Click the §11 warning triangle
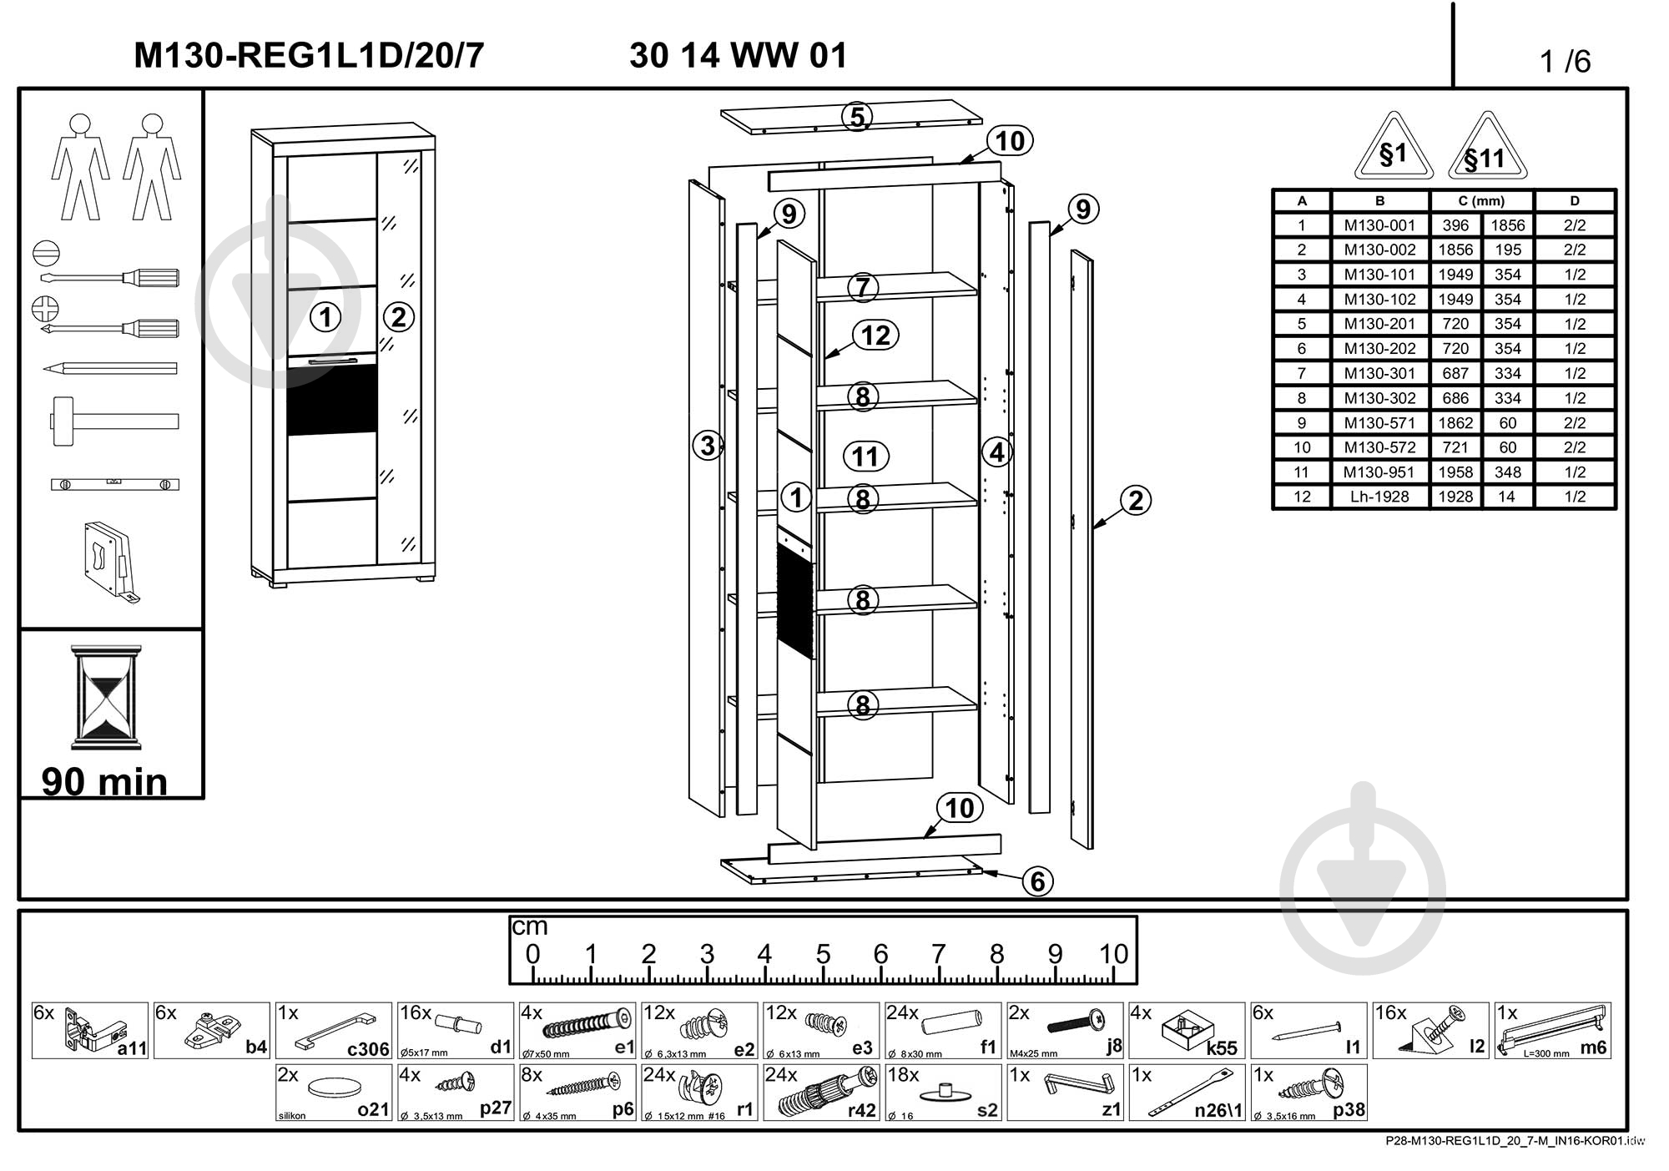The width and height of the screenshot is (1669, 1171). [1486, 149]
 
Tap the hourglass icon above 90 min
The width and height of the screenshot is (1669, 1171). [106, 697]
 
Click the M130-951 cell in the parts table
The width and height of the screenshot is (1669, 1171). [1379, 472]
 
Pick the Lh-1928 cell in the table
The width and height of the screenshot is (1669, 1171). [1379, 497]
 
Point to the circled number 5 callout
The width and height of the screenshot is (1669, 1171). [857, 118]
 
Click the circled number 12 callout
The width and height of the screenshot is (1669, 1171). [875, 336]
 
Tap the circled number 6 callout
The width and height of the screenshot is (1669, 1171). [1037, 881]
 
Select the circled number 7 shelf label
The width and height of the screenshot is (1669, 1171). [863, 288]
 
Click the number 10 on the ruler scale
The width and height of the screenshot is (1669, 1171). [1113, 954]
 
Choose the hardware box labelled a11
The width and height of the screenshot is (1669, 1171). [90, 1031]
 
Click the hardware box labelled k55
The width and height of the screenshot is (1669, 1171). [1187, 1031]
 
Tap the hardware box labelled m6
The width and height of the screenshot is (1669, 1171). [1552, 1031]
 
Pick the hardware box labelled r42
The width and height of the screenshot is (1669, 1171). [821, 1093]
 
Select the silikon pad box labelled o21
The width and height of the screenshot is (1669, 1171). [334, 1093]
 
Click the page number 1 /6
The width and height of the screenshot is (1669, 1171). [1566, 62]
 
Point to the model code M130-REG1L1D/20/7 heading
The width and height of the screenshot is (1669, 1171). [309, 56]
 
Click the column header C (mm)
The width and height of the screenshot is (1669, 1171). [1481, 201]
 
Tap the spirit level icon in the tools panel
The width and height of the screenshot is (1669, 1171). [115, 484]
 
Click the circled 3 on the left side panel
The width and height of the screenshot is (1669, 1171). [708, 446]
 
